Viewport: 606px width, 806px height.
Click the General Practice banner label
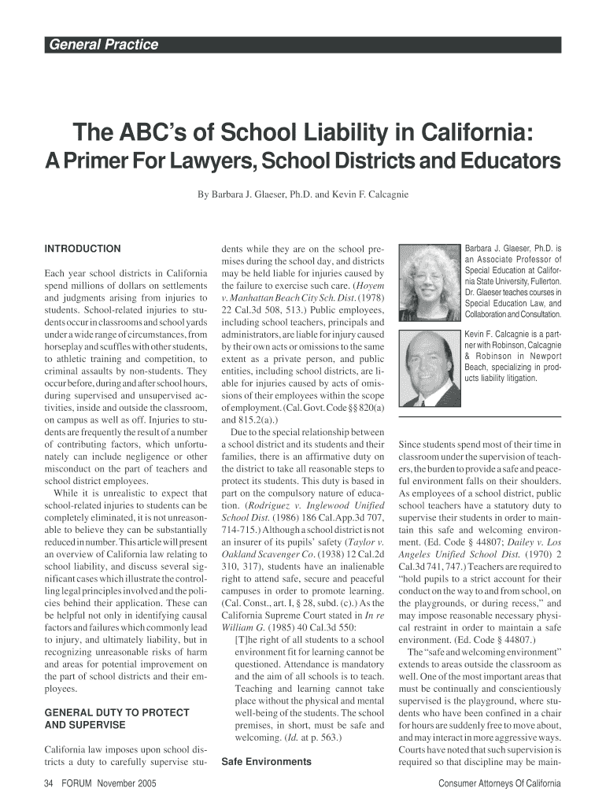tap(104, 45)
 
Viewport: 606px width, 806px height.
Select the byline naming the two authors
tap(302, 193)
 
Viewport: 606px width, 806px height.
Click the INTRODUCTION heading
tap(83, 249)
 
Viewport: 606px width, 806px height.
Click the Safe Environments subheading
tap(266, 761)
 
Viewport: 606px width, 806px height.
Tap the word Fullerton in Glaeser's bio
tap(541, 281)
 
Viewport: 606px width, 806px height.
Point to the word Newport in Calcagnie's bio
tap(541, 356)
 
